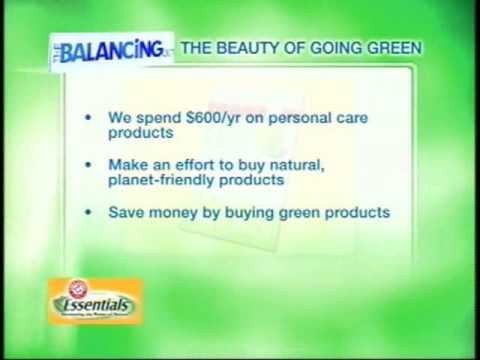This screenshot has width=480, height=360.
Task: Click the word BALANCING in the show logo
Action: click(112, 48)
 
